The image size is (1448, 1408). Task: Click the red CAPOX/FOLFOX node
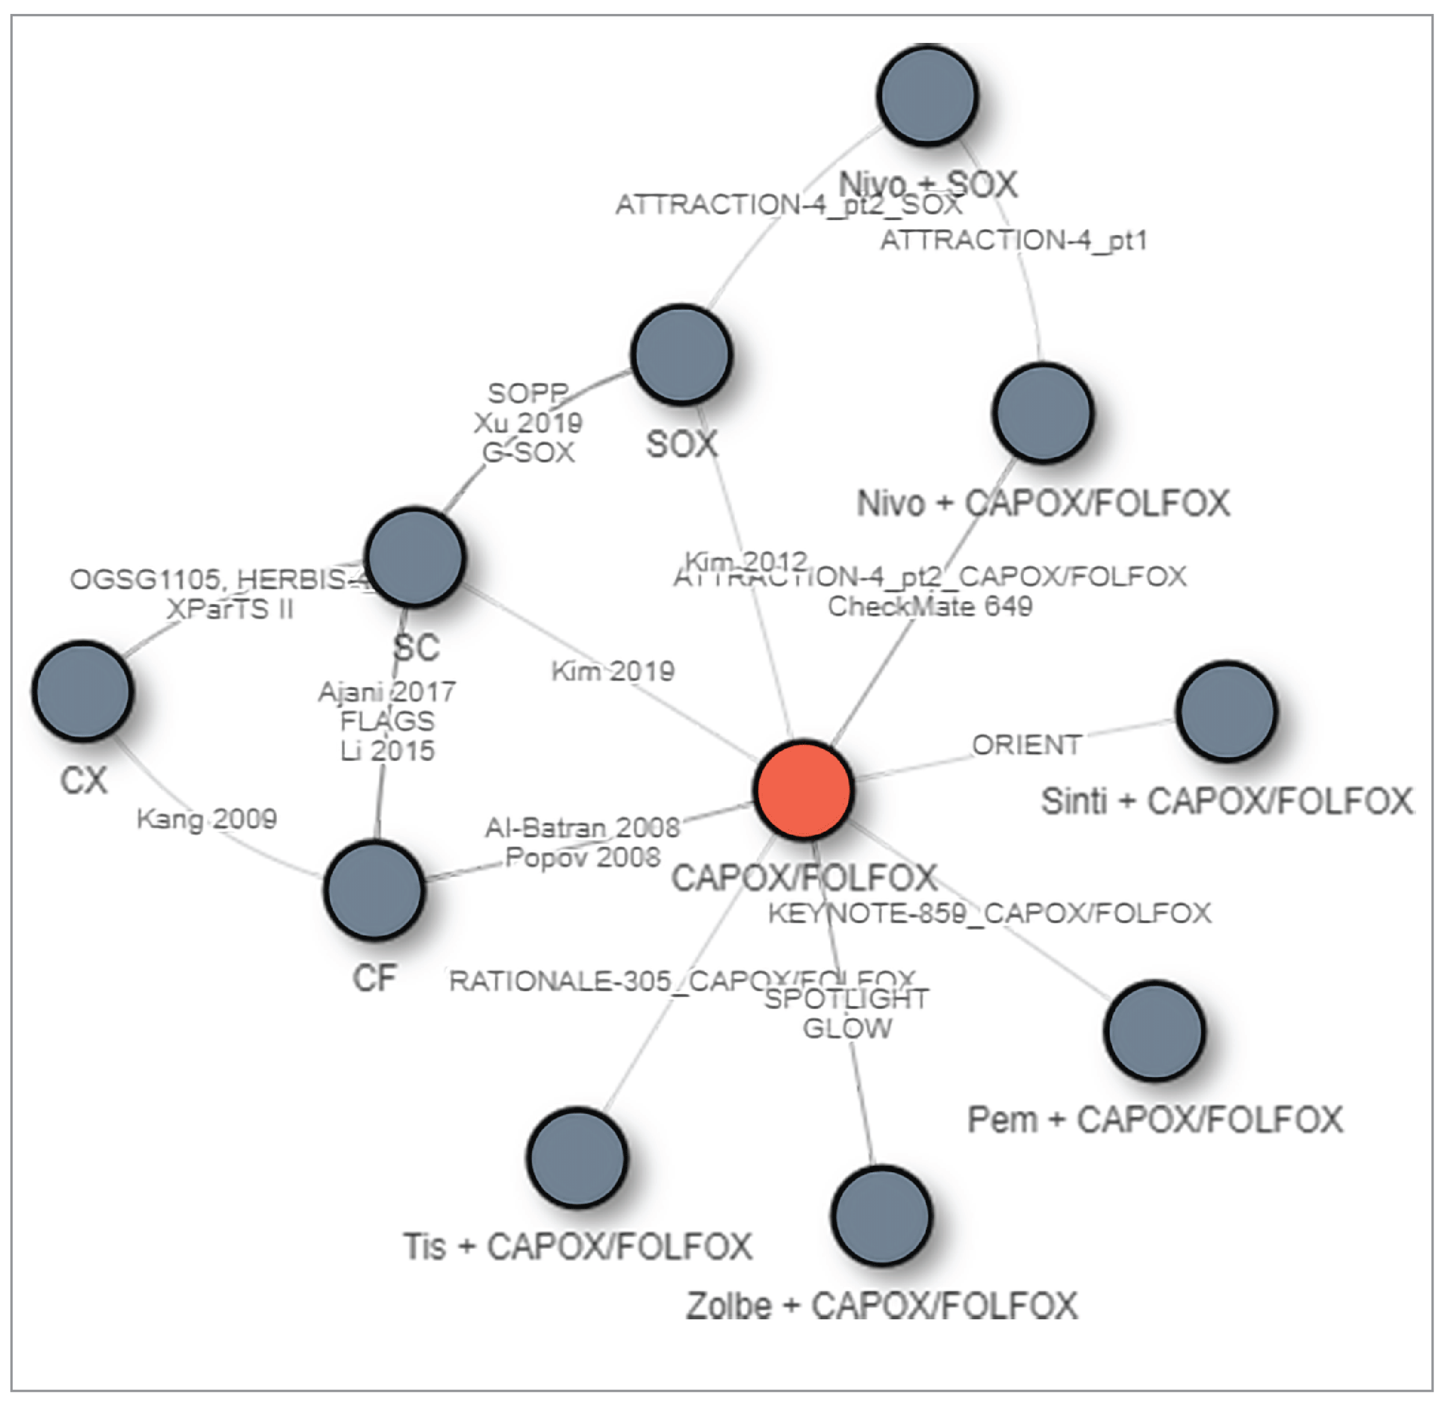click(x=804, y=789)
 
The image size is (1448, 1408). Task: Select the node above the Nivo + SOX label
click(x=928, y=94)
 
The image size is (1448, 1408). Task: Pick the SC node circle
click(x=416, y=557)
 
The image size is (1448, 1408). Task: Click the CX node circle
click(x=83, y=691)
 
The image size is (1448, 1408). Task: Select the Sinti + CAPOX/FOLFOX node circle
click(x=1226, y=710)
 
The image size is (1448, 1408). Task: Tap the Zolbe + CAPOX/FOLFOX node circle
click(x=881, y=1215)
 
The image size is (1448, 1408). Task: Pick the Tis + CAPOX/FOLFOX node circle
click(x=577, y=1157)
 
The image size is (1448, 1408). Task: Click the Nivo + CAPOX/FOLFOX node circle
click(x=1042, y=413)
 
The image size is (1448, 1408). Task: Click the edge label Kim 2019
click(x=613, y=671)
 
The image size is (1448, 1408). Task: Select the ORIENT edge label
click(x=1026, y=744)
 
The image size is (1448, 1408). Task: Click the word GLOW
click(x=847, y=1028)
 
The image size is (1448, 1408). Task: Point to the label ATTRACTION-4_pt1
click(x=1013, y=240)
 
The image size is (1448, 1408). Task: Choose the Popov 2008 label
click(x=583, y=857)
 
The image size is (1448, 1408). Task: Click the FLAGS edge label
click(x=387, y=720)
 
